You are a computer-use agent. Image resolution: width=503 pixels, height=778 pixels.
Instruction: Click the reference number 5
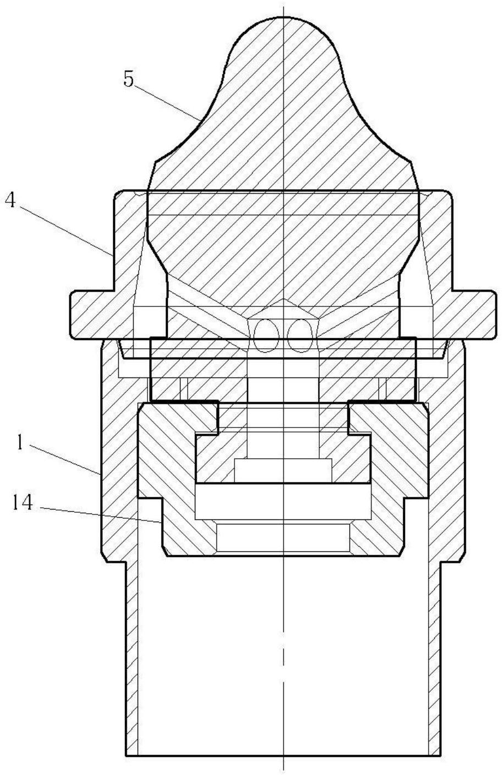tap(129, 80)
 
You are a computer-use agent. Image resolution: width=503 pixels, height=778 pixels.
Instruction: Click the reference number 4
tap(10, 201)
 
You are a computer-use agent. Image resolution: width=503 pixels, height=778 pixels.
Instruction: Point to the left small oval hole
tap(266, 336)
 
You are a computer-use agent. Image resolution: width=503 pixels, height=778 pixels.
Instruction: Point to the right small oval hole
tap(300, 336)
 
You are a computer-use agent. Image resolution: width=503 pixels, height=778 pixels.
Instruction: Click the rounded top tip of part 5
tap(284, 18)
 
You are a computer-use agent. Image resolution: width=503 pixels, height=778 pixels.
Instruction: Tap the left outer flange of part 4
tap(92, 314)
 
